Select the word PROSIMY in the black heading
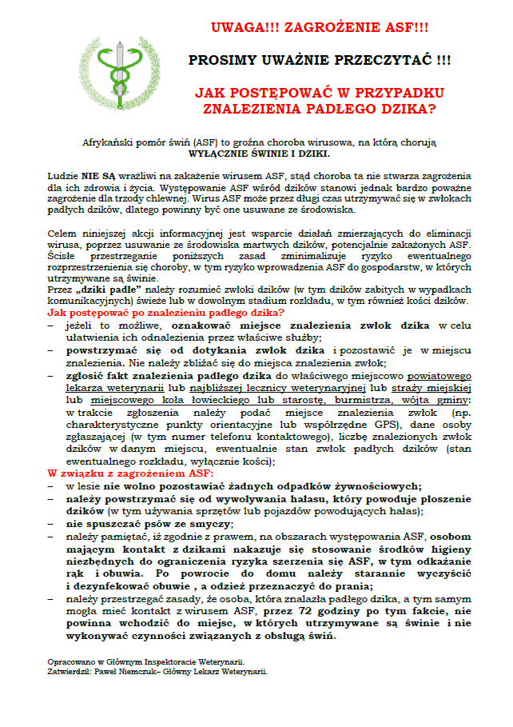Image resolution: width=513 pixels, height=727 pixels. pyautogui.click(x=225, y=61)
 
